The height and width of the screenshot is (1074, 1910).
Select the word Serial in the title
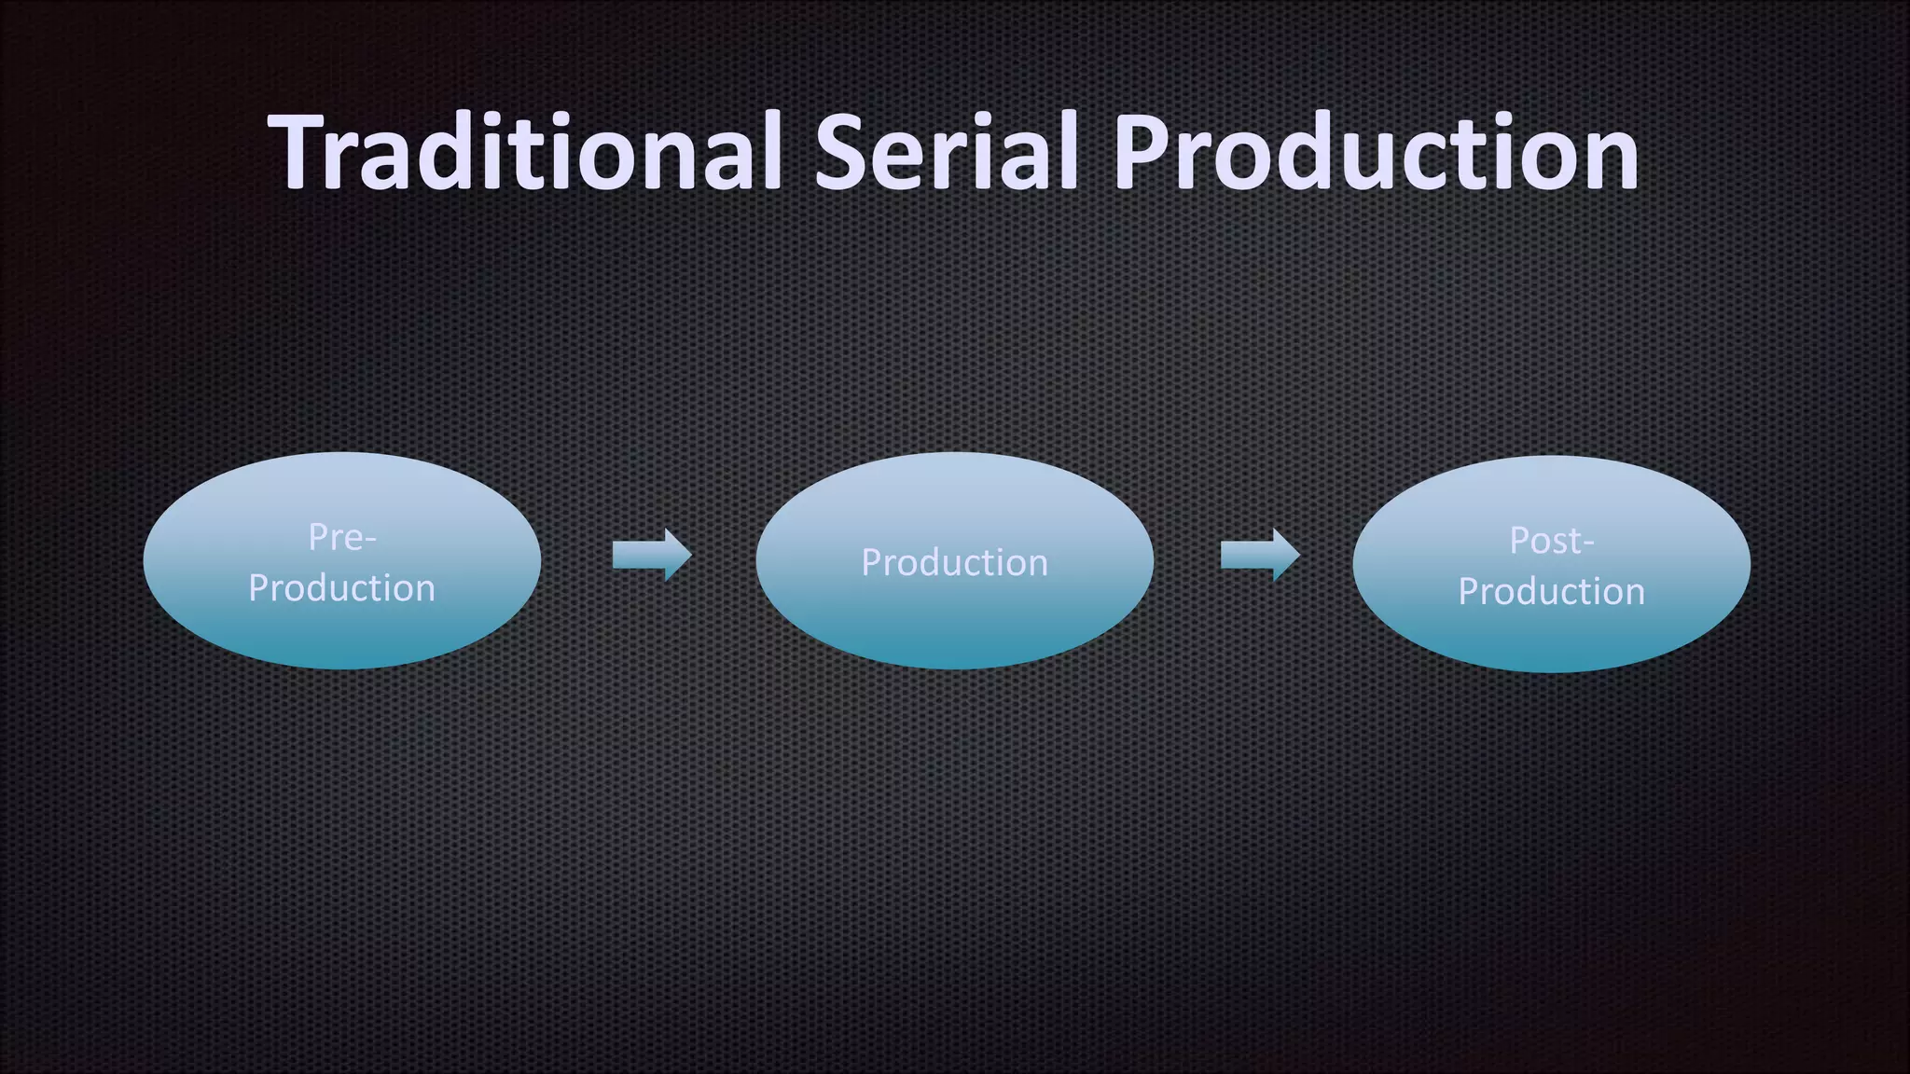946,151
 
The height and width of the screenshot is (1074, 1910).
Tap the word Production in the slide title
1376,151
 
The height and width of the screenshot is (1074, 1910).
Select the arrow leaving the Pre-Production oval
651,556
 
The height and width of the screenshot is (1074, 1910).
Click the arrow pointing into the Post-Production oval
1259,556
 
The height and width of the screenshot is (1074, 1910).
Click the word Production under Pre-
341,588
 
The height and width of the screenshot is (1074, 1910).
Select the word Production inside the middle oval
954,563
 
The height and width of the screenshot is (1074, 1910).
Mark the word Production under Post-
1551,592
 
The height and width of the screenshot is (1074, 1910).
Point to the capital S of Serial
843,151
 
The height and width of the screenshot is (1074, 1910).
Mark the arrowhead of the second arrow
1286,556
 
